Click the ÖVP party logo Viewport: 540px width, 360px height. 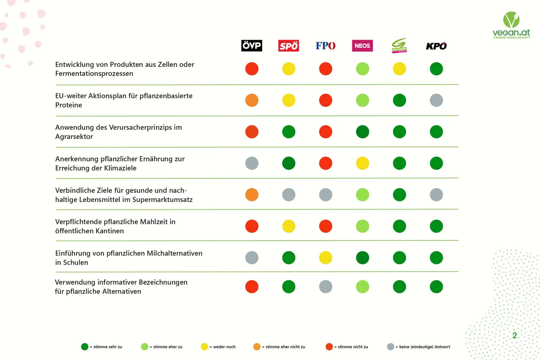252,46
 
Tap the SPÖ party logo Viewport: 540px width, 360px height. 289,46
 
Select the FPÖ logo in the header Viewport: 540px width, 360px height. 326,46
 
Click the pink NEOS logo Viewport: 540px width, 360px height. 362,46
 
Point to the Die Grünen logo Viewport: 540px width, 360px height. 399,46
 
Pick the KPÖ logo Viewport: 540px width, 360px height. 436,46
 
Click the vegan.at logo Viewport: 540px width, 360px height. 511,25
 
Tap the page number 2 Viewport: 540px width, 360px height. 515,335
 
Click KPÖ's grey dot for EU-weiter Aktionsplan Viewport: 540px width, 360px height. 436,100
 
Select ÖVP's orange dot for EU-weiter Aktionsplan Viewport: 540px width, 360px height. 252,100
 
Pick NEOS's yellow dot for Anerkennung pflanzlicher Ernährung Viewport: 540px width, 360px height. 362,163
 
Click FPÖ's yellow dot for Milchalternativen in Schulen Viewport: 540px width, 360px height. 326,257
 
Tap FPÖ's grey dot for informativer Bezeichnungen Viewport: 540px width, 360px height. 326,287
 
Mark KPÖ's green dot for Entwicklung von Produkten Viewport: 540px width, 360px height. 436,69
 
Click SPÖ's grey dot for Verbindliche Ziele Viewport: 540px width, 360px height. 289,195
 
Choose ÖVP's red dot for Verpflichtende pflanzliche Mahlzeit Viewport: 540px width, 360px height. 252,226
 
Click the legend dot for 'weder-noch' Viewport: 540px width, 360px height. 204,347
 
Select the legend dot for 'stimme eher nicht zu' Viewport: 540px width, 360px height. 257,347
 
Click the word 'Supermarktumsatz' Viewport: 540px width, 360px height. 163,200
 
